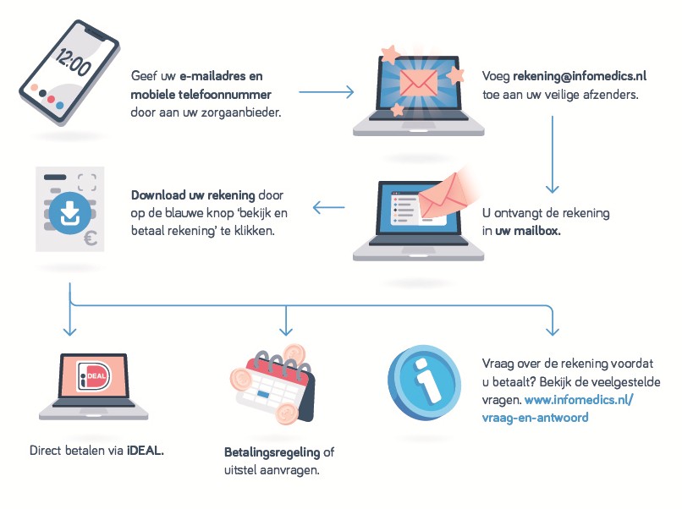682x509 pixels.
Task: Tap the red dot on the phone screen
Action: pyautogui.click(x=52, y=99)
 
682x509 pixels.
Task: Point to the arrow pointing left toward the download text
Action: pyautogui.click(x=328, y=206)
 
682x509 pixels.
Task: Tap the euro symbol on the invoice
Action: pyautogui.click(x=91, y=238)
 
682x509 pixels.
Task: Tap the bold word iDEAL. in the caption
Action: pyautogui.click(x=146, y=450)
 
